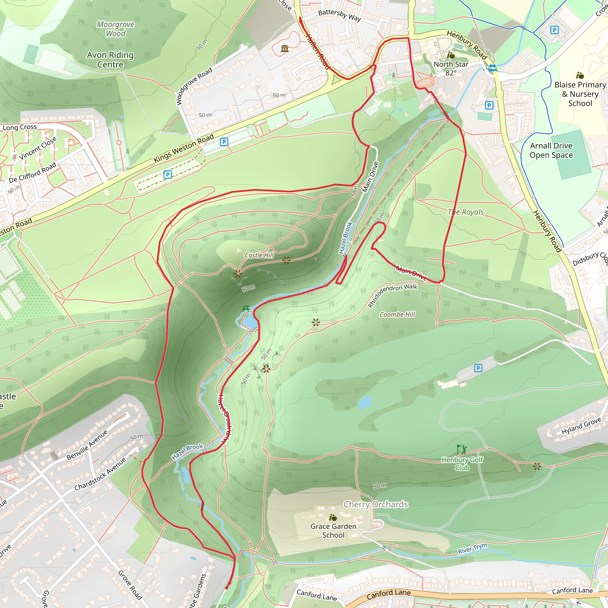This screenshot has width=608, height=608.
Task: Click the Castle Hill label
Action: pos(259,255)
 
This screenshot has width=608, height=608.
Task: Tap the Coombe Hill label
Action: pos(397,314)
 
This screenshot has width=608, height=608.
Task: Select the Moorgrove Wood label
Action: pos(115,29)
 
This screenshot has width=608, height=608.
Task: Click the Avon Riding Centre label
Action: pos(110,59)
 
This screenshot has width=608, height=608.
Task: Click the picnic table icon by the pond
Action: pos(246,308)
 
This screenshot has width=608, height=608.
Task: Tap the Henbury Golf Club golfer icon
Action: pos(462,449)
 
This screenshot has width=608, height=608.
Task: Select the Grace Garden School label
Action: pos(333,531)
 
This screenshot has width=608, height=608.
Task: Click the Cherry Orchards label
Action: pos(376,504)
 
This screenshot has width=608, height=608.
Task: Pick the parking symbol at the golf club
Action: pos(478,368)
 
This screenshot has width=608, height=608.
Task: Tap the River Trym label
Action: pos(472,548)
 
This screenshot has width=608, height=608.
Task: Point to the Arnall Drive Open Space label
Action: pos(551,151)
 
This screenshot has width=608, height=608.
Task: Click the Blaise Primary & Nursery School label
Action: pos(580,94)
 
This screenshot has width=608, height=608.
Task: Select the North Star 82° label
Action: pos(451,68)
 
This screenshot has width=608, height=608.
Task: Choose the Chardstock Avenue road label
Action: pos(100,474)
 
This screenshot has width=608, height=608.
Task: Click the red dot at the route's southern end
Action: pos(227,588)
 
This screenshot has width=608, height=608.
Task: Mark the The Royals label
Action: pos(465,212)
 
